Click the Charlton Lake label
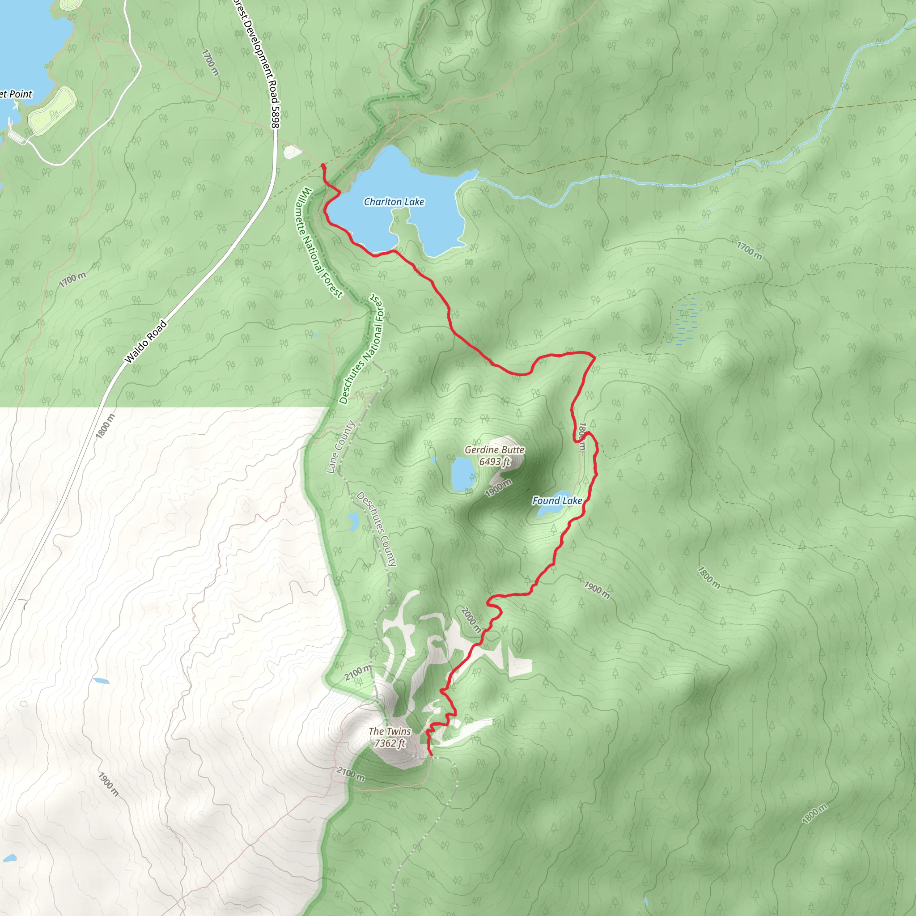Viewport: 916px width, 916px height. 394,202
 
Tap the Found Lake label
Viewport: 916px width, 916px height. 557,500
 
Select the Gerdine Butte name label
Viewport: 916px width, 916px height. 495,450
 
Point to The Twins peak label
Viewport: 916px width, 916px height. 390,731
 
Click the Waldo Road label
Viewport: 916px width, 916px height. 145,342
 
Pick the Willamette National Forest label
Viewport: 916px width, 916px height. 321,243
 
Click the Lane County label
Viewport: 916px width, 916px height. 340,447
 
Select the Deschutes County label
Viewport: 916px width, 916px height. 377,529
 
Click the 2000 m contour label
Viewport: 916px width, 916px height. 471,620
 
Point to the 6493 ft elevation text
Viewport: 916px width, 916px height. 495,462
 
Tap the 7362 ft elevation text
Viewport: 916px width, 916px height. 390,743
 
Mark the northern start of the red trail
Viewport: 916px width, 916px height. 323,165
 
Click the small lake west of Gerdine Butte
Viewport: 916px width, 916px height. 463,474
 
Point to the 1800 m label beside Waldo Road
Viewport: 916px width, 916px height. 105,426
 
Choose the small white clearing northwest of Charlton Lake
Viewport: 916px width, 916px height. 292,152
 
